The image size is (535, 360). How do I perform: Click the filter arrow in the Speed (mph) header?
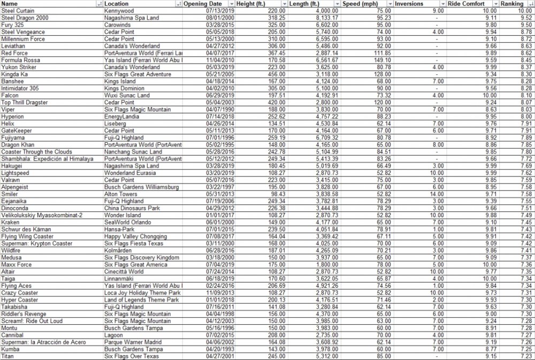click(x=390, y=4)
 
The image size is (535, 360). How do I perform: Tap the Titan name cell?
click(x=7, y=356)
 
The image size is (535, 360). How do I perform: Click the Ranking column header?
click(x=512, y=4)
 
